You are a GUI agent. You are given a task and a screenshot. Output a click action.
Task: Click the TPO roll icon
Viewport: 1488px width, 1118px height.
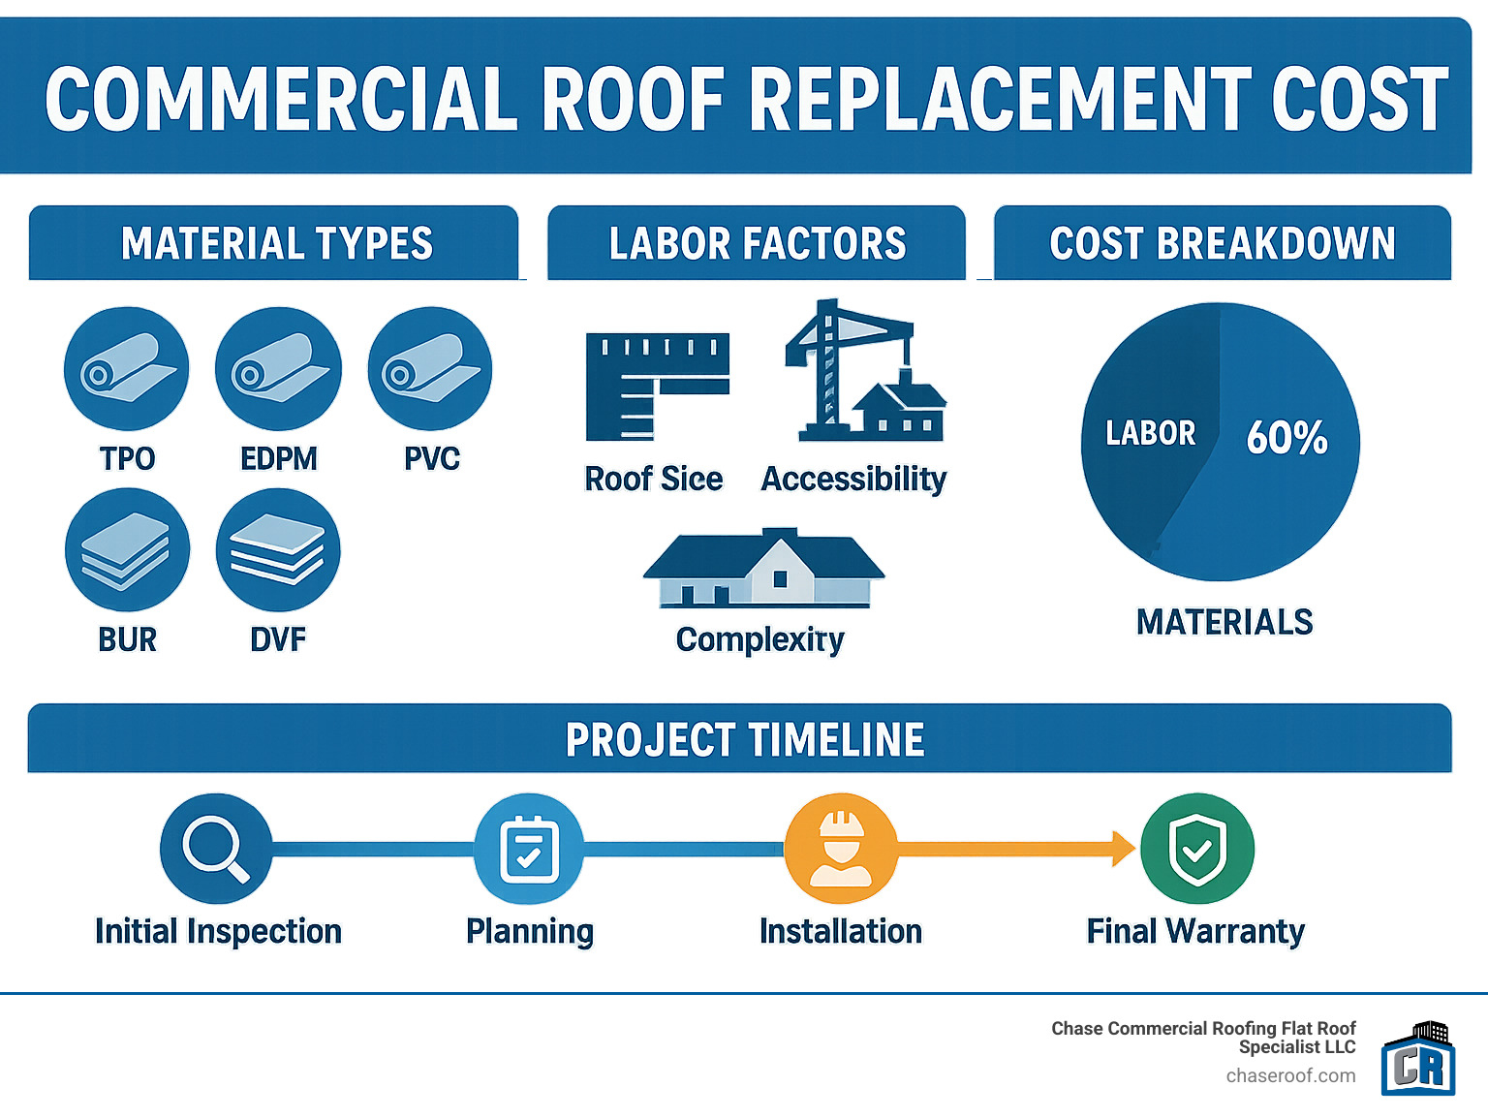coord(126,369)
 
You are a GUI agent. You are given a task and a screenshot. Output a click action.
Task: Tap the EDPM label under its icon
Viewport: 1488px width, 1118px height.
coord(279,459)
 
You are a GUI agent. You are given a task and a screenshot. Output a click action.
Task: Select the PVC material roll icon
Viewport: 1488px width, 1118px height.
coord(430,369)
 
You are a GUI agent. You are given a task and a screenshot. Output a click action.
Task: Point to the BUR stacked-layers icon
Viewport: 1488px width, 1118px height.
coord(128,550)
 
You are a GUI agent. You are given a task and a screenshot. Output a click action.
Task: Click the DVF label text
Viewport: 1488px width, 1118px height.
coord(278,639)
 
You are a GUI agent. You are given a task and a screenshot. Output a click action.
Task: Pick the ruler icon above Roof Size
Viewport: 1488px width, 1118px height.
coord(658,387)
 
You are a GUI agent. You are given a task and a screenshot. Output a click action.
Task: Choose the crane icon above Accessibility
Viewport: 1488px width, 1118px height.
coord(866,370)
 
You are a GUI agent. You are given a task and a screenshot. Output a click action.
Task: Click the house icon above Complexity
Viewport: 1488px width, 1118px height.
coord(764,568)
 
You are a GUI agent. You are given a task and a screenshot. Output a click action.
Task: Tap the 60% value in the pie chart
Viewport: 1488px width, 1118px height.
coord(1286,437)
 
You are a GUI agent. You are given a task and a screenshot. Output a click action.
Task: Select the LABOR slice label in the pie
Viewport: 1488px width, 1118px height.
coord(1151,433)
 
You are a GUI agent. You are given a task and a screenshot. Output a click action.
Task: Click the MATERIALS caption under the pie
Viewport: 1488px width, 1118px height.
coord(1224,622)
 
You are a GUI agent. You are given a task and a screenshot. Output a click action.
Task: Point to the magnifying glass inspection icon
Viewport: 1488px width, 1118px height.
coord(216,848)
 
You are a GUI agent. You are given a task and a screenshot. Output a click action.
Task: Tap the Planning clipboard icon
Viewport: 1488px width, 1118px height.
coord(529,848)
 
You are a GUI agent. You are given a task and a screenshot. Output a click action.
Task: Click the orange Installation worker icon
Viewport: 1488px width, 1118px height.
coord(841,848)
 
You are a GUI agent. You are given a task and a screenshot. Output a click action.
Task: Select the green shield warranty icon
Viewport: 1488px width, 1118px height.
coord(1197,848)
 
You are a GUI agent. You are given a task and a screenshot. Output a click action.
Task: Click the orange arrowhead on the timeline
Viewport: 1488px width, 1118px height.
coord(1124,848)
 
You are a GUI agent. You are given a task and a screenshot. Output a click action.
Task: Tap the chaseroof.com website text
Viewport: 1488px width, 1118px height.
coord(1290,1076)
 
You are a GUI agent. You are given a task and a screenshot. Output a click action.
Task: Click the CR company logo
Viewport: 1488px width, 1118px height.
coord(1418,1058)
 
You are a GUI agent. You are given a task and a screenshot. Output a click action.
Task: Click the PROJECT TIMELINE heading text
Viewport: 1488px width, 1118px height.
coord(744,739)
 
